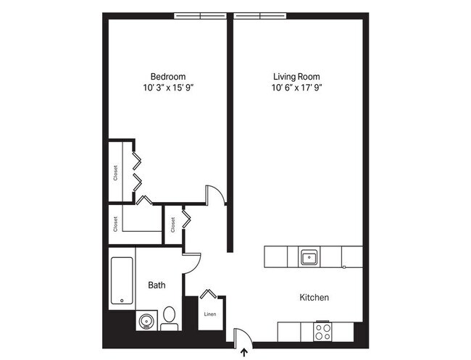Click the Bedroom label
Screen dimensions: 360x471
pos(168,77)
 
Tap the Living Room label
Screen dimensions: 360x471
pos(296,77)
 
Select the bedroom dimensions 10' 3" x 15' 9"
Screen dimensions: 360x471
pos(168,88)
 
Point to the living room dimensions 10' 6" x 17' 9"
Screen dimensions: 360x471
pos(296,88)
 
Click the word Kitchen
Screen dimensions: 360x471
pos(314,298)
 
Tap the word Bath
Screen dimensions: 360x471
pos(157,285)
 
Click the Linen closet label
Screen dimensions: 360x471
pos(210,314)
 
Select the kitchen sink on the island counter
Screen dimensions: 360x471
pos(309,256)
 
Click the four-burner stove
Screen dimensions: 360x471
pos(323,332)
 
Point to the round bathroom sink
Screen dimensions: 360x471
pos(144,321)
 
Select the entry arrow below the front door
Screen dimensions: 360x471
pos(243,353)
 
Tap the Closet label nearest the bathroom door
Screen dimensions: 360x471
pos(172,225)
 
